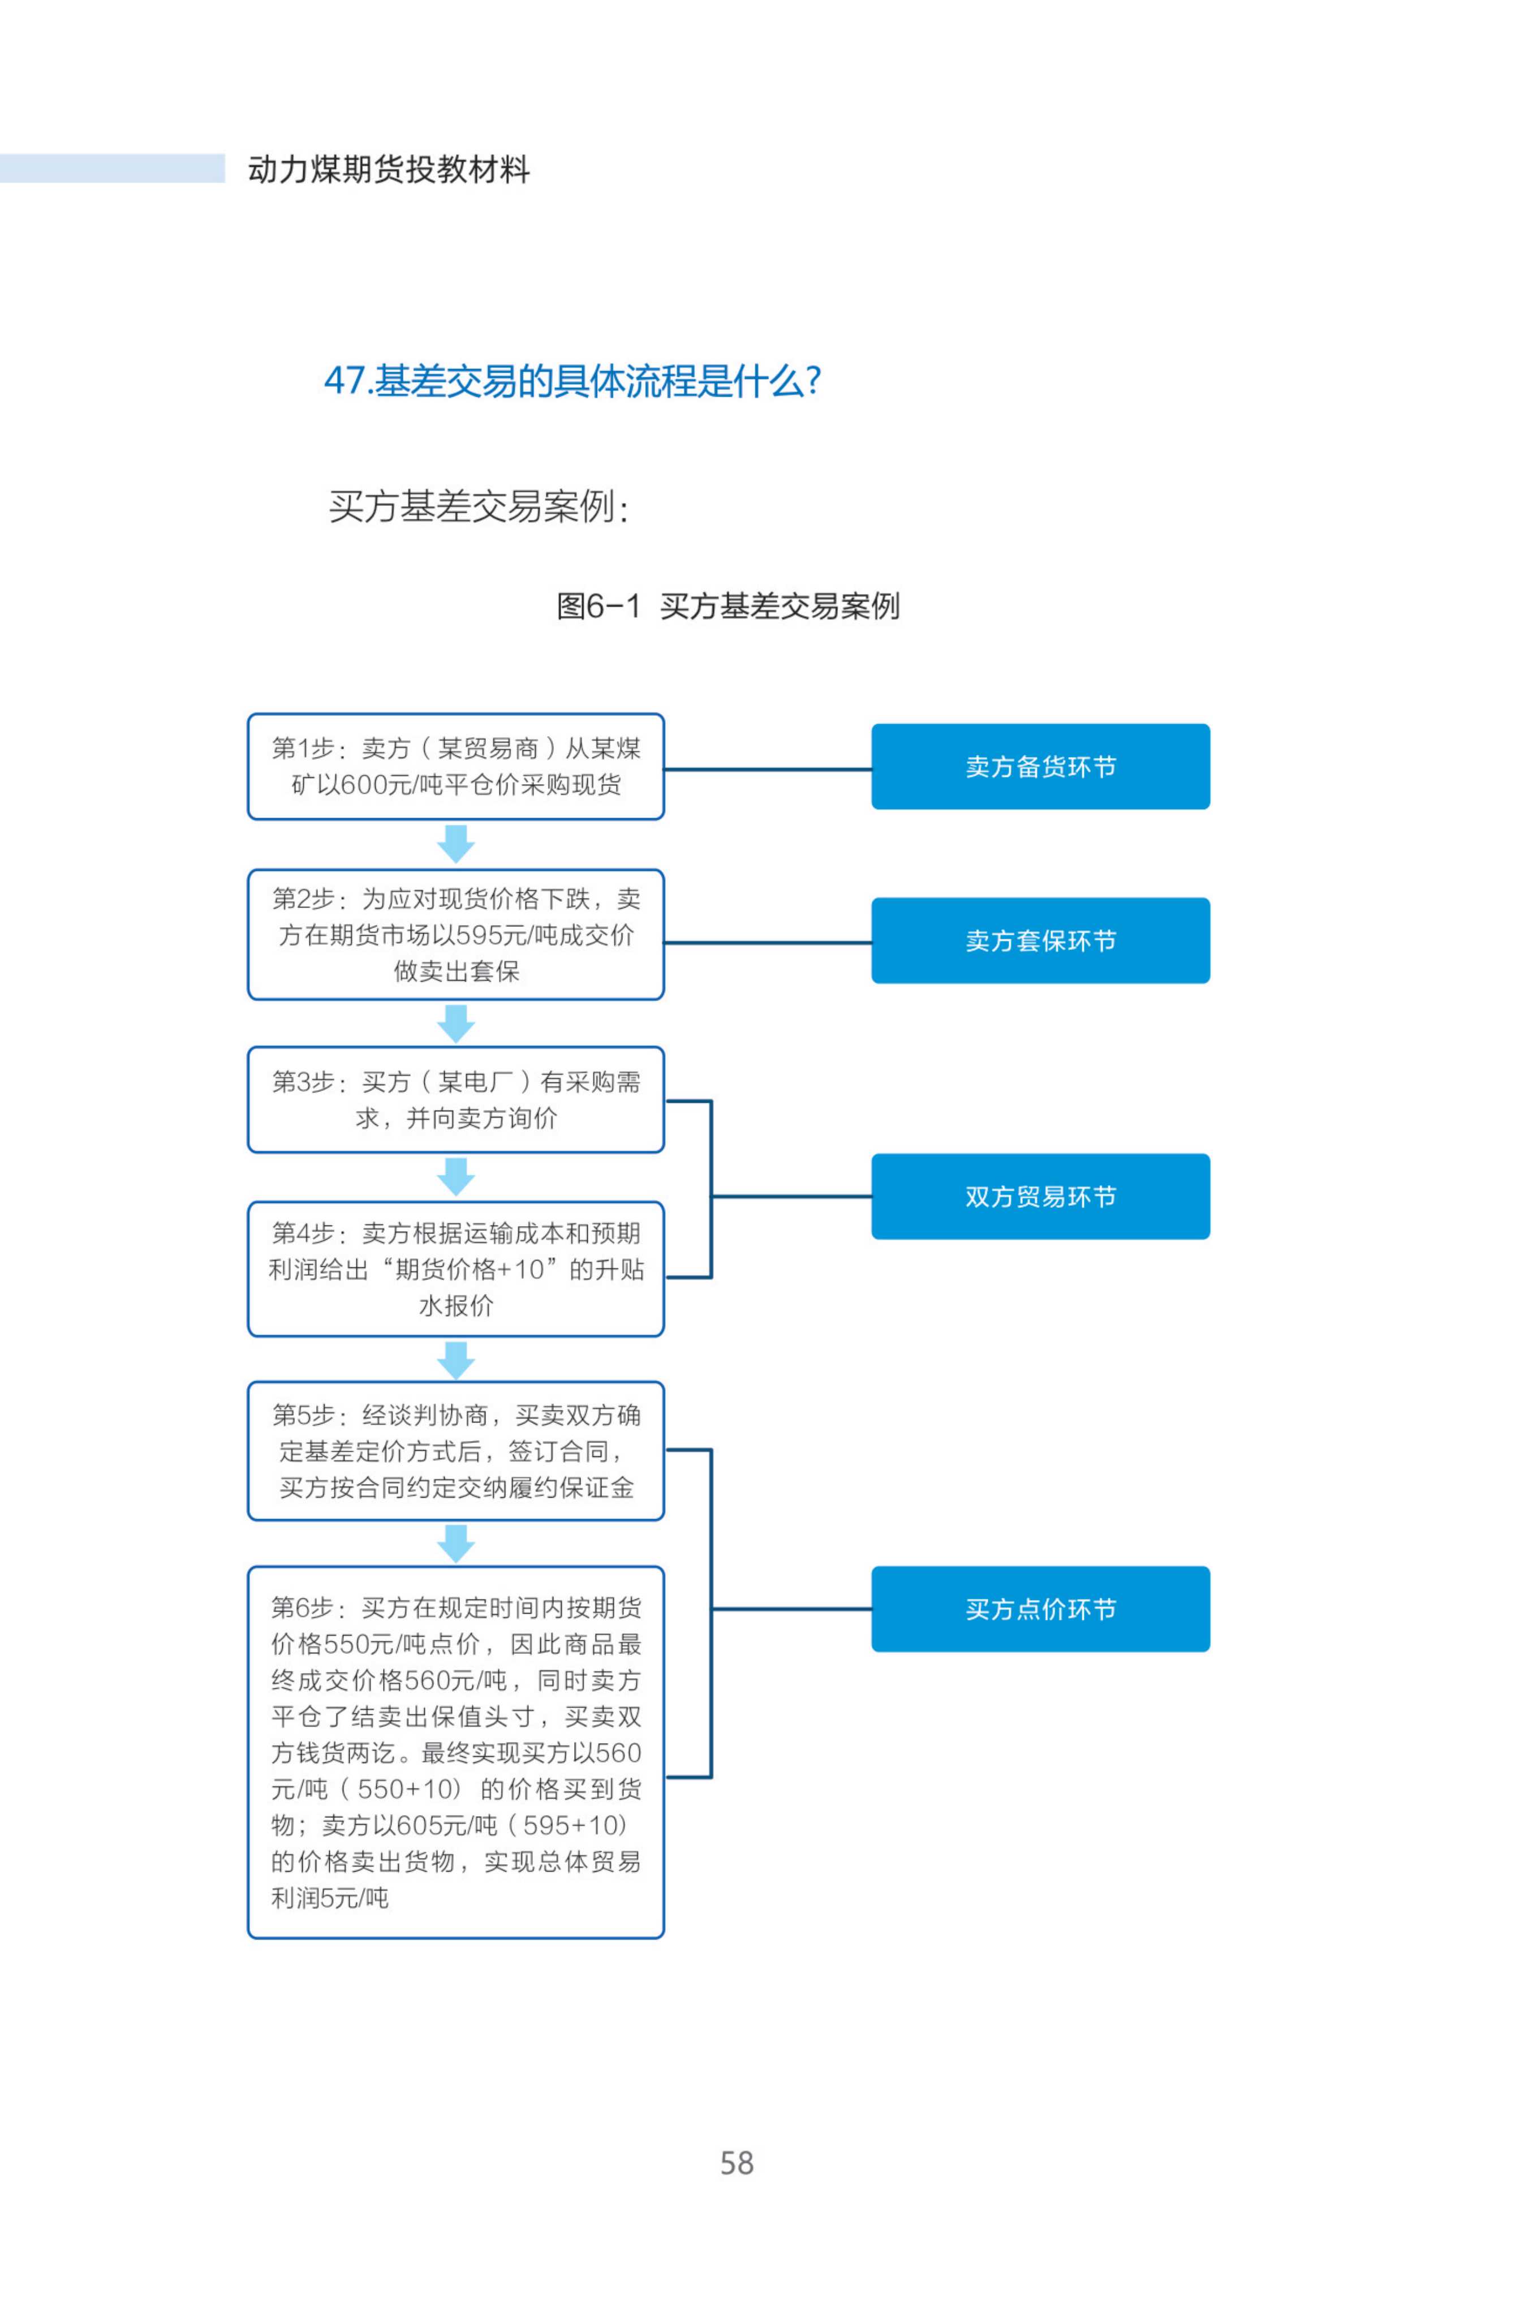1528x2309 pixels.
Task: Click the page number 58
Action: tap(737, 2164)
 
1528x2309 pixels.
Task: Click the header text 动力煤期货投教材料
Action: tap(389, 170)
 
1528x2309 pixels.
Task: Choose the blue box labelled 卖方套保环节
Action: tap(1041, 940)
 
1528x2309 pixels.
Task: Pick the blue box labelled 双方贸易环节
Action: tap(1041, 1197)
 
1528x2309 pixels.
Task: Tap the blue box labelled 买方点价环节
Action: tap(1041, 1609)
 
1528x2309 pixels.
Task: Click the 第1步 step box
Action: tap(456, 766)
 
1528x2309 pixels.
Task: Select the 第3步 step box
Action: tap(456, 1099)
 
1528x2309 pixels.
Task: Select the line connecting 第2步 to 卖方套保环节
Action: tap(768, 943)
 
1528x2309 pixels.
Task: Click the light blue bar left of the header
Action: tap(112, 167)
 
